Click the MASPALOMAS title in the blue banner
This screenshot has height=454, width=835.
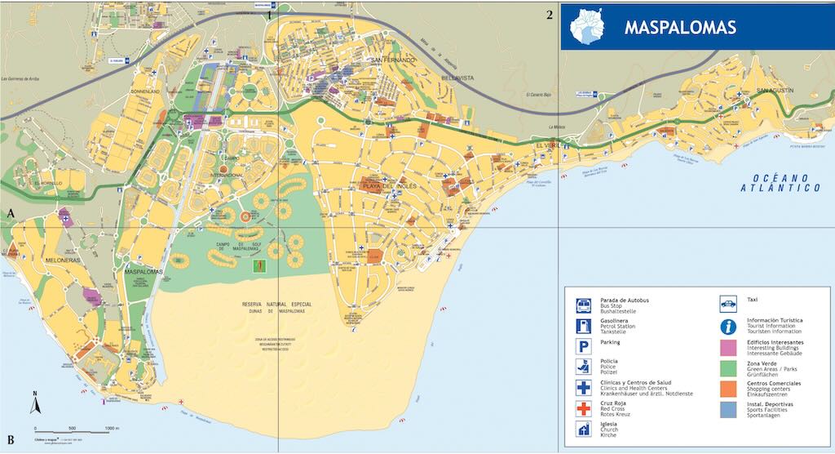(x=680, y=27)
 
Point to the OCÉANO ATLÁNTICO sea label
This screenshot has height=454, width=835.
(x=780, y=183)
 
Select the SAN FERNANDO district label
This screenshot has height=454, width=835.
(x=393, y=60)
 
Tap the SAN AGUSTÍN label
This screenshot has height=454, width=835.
(x=775, y=90)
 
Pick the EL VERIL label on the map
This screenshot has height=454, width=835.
(x=550, y=145)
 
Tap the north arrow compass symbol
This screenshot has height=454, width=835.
(x=35, y=403)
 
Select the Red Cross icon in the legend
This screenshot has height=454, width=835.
(x=584, y=408)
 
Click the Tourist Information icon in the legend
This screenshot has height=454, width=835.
(x=728, y=326)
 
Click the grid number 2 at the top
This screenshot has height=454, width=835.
(x=550, y=15)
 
